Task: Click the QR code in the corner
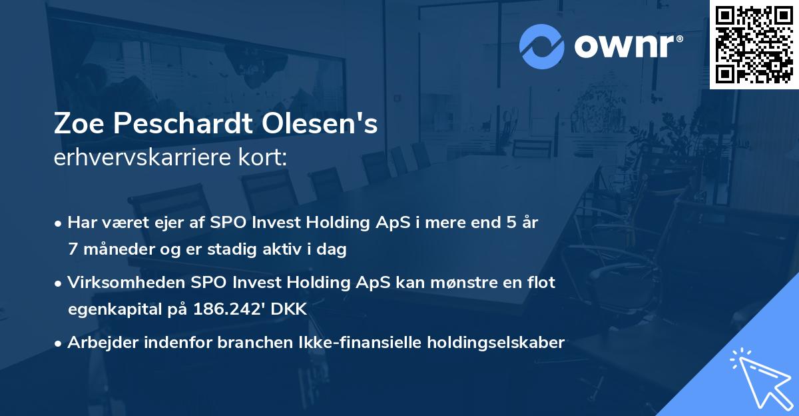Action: point(754,45)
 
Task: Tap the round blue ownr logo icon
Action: point(542,46)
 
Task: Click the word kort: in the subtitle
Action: point(264,157)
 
